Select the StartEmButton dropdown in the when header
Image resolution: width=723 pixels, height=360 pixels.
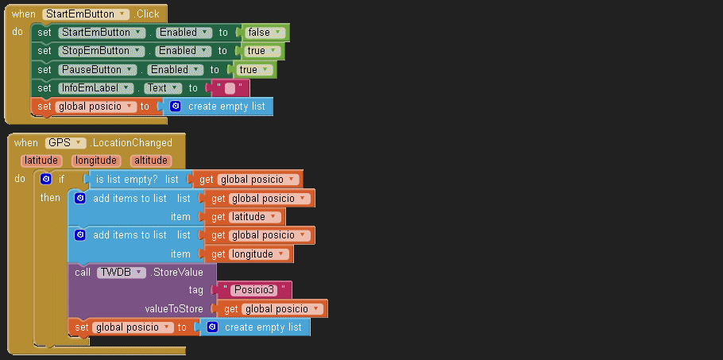86,14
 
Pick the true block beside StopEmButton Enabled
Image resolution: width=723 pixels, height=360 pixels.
261,51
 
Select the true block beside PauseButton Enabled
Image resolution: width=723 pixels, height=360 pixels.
253,69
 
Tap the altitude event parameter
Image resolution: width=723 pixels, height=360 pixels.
150,161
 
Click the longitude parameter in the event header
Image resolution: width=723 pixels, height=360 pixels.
96,161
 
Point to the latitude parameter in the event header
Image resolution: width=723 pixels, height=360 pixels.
41,161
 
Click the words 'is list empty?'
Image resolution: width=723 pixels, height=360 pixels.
127,180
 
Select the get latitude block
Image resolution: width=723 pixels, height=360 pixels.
246,217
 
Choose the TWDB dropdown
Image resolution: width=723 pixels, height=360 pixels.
122,272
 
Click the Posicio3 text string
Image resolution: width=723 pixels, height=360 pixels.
254,290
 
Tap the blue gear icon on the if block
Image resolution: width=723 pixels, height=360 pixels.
46,180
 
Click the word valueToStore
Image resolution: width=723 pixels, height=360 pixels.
168,308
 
